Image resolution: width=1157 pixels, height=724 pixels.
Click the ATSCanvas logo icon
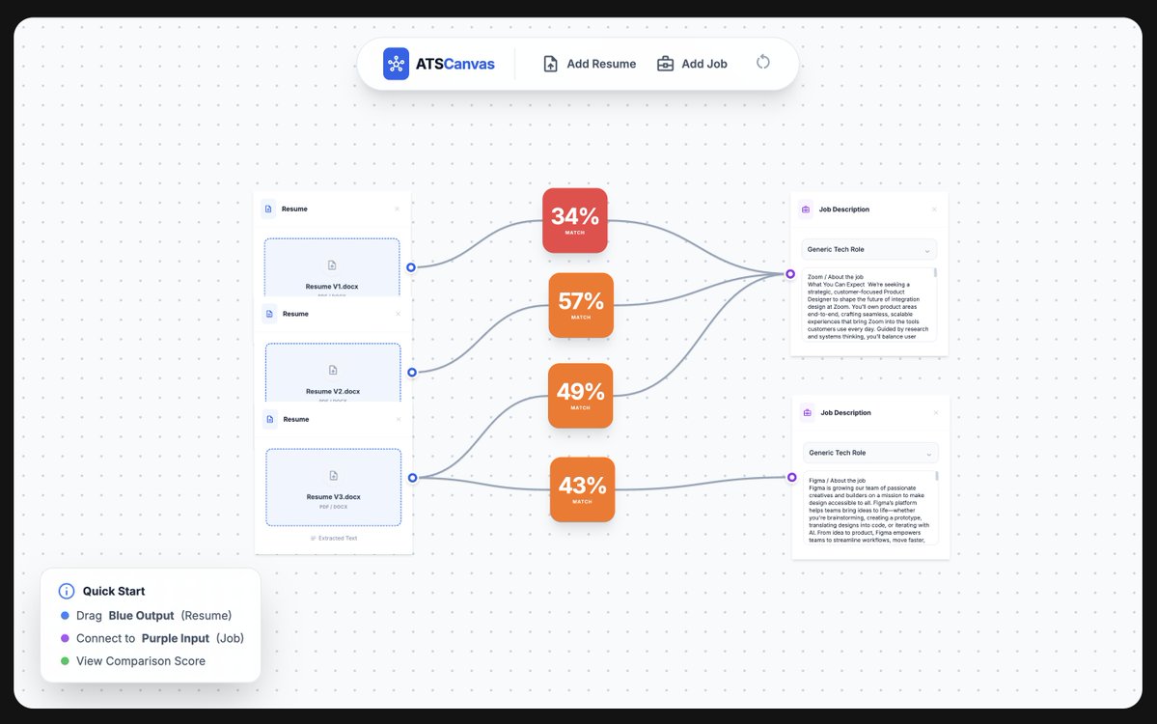pos(396,64)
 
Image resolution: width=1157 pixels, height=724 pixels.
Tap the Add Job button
pos(692,64)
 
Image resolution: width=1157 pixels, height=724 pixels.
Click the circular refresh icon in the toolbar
pos(763,63)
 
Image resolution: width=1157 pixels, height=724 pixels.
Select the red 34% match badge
pos(575,220)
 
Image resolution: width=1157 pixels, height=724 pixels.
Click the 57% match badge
pos(581,305)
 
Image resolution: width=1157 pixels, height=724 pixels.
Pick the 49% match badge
pos(580,396)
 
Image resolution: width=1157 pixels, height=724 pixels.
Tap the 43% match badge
pos(582,489)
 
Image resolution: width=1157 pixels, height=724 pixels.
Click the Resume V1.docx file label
pos(332,287)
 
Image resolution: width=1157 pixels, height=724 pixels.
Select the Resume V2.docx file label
pos(333,391)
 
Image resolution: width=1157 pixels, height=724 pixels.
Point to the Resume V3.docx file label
pos(334,497)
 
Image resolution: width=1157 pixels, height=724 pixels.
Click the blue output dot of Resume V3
pos(412,478)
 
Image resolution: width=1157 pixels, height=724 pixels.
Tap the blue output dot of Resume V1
pos(411,267)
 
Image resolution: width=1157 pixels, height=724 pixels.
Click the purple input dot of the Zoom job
pos(790,274)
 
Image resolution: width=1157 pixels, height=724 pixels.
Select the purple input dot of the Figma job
pos(792,477)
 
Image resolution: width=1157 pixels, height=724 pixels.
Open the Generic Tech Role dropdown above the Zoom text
pos(869,250)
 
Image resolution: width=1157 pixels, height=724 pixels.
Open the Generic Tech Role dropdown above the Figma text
pos(870,453)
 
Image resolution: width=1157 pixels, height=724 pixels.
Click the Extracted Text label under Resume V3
pos(334,538)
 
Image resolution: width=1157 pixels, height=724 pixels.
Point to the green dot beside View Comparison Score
pos(65,661)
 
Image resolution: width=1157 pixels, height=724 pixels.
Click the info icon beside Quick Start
pos(67,591)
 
